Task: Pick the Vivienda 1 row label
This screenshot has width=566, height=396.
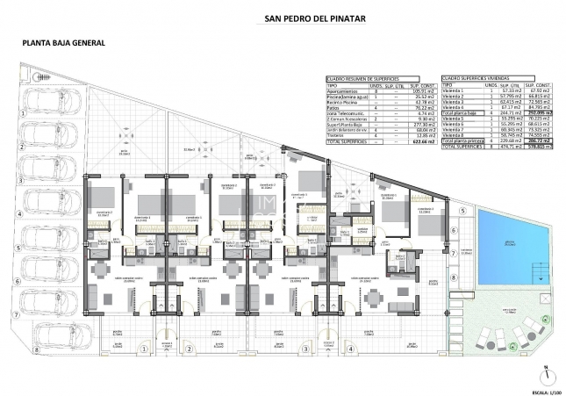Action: pos(453,90)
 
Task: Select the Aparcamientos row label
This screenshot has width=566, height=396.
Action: pos(343,90)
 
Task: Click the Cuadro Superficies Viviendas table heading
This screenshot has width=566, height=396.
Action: pos(478,77)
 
